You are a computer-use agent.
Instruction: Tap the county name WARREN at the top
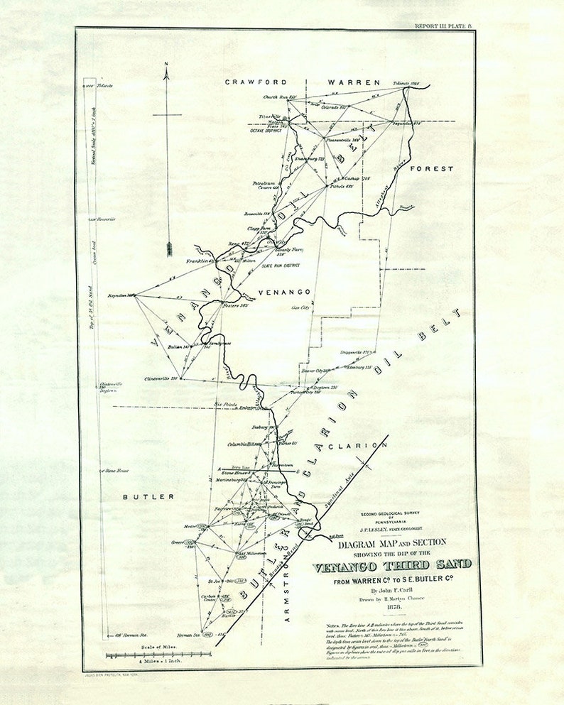[x=354, y=82]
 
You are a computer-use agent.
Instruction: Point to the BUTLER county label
[x=144, y=497]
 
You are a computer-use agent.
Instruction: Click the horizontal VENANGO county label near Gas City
[x=285, y=292]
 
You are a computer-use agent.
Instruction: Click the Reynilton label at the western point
[x=121, y=295]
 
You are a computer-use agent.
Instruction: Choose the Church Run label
[x=278, y=97]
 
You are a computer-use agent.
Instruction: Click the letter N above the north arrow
[x=166, y=65]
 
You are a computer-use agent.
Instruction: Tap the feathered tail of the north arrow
[x=169, y=248]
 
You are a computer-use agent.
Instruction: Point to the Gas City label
[x=300, y=308]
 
